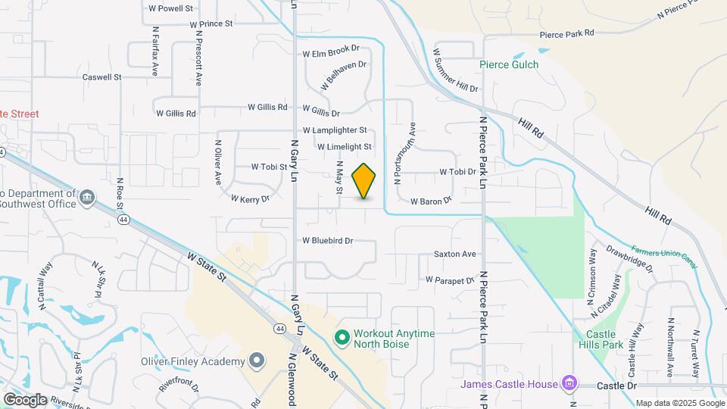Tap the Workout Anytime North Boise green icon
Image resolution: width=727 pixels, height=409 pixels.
tap(342, 336)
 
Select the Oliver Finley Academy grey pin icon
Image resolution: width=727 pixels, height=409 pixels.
tap(257, 361)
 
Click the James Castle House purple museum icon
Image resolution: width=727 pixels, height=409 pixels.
tap(566, 383)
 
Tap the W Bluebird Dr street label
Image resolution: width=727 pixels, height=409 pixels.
tap(328, 241)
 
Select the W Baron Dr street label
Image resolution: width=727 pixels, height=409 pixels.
tap(431, 201)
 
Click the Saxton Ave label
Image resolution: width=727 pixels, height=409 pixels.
tap(454, 254)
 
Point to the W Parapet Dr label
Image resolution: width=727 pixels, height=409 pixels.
tap(449, 280)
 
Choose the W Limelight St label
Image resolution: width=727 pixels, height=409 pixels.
tap(345, 147)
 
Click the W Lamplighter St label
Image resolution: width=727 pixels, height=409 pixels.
tap(335, 130)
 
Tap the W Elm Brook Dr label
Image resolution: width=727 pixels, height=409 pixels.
tap(331, 52)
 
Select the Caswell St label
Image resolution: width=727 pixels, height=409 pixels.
tap(102, 77)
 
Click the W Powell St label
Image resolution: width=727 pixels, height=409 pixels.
tap(171, 8)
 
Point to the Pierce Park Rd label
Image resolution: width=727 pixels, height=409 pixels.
tap(567, 34)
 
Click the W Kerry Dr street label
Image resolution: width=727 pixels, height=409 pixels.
tap(251, 199)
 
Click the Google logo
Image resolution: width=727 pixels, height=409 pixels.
tap(25, 399)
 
